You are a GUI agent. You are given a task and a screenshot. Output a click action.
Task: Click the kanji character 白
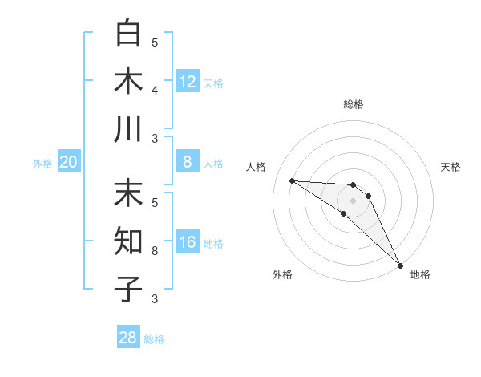[x=129, y=32]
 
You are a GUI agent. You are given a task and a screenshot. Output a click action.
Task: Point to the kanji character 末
[x=129, y=193]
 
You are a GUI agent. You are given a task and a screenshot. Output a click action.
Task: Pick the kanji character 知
[x=129, y=241]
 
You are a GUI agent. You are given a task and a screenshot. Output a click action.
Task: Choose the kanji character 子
[x=129, y=289]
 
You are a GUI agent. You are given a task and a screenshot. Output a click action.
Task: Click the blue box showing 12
[x=188, y=82]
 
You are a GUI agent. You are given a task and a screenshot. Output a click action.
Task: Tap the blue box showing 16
[x=188, y=243]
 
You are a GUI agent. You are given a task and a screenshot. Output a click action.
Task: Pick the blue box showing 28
[x=128, y=338]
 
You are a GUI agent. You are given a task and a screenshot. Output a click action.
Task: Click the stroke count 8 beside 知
[x=155, y=251]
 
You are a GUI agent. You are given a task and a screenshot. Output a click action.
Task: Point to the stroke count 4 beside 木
[x=155, y=90]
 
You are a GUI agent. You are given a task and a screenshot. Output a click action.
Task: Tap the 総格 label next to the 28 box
[x=154, y=339]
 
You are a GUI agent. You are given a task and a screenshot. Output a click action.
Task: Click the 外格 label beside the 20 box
[x=42, y=164]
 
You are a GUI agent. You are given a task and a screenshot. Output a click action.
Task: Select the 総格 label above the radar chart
[x=353, y=104]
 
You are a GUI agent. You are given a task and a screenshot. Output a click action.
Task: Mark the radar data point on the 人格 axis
[x=292, y=180]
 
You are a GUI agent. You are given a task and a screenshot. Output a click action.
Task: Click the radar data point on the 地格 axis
[x=401, y=265]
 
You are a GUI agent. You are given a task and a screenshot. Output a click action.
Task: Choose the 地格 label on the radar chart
[x=420, y=274]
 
